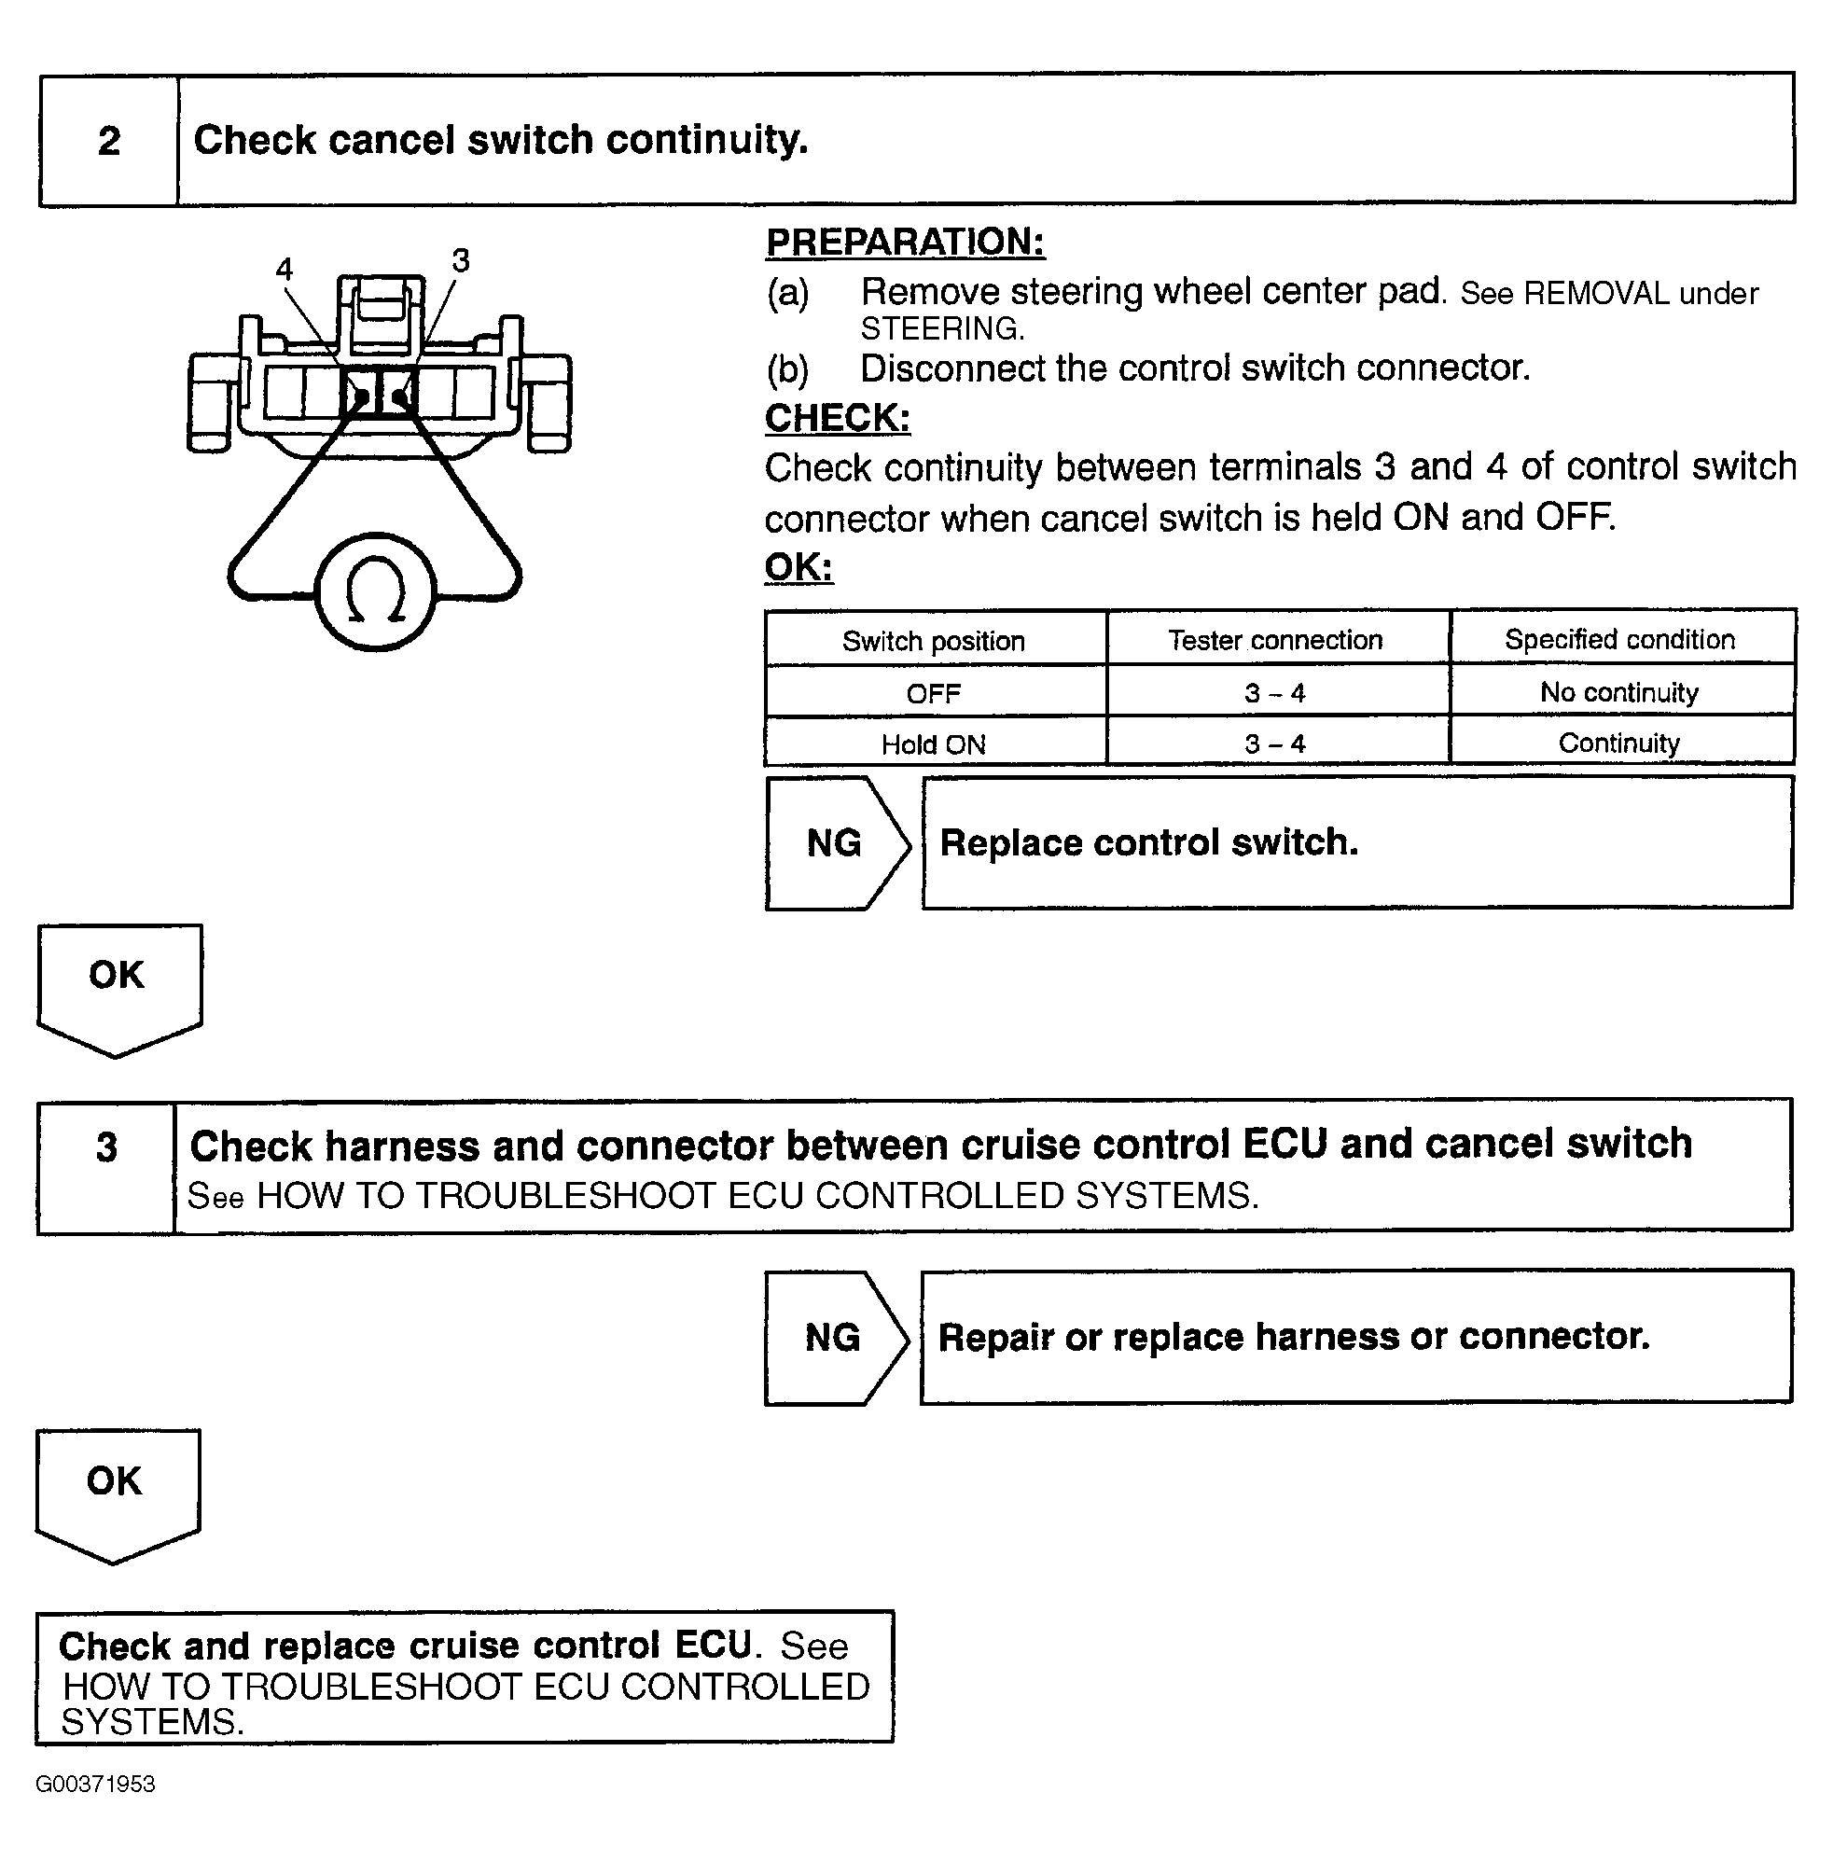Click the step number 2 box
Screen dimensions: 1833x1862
click(x=109, y=140)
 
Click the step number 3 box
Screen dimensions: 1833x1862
click(x=106, y=1166)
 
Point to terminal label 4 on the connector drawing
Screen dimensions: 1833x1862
click(x=284, y=269)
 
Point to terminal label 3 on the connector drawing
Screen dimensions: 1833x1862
click(x=461, y=260)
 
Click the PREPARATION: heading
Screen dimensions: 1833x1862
click(x=905, y=242)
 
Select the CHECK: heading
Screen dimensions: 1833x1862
click(x=837, y=418)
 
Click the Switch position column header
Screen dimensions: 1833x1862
click(x=934, y=641)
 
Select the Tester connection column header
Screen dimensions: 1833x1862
click(x=1275, y=640)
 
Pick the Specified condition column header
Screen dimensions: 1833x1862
click(x=1620, y=639)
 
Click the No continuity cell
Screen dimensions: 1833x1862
click(x=1619, y=692)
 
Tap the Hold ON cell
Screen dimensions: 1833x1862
click(x=934, y=744)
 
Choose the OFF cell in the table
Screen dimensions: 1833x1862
click(x=934, y=693)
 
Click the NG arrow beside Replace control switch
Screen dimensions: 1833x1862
click(x=836, y=842)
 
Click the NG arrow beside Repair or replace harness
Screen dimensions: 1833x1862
click(x=834, y=1338)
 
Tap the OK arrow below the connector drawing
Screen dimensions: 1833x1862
click(x=118, y=990)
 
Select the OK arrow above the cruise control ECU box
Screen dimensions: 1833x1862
click(x=117, y=1495)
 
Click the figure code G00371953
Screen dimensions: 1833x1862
click(x=95, y=1784)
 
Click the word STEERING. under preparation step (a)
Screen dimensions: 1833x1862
click(x=942, y=329)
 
